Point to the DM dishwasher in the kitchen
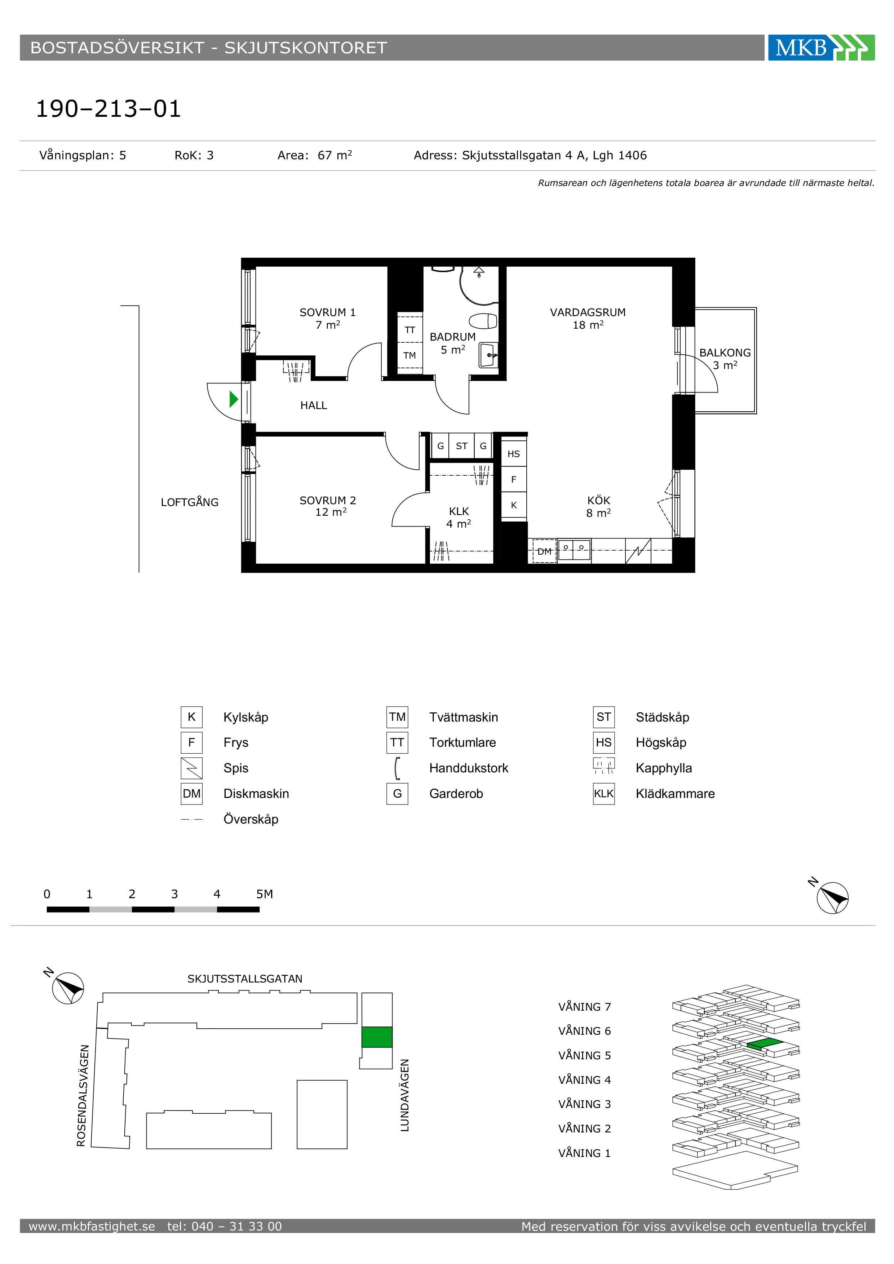544,551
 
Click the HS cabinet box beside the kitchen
514,454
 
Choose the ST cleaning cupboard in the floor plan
462,446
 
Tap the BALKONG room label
725,352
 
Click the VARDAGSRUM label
588,312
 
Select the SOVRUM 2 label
328,500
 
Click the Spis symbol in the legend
191,768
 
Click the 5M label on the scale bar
264,894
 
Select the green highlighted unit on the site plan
377,1037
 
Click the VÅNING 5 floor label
585,1055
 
